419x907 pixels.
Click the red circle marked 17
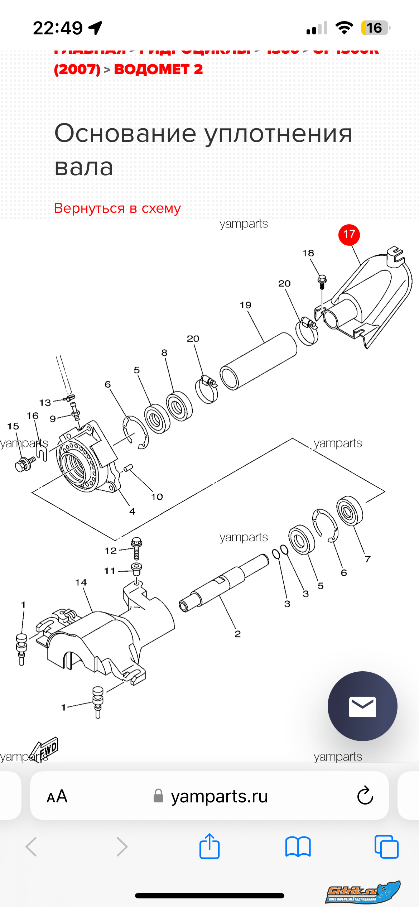[349, 235]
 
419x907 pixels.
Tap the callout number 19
[246, 305]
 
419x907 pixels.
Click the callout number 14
[81, 582]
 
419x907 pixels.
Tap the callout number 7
[367, 559]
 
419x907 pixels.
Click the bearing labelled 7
[350, 510]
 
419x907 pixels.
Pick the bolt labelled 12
[136, 548]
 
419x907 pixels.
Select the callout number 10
[157, 497]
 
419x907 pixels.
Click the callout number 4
[133, 511]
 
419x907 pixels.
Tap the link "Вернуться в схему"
[117, 208]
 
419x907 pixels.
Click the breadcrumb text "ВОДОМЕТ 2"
[158, 69]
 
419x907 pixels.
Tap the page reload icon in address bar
[365, 796]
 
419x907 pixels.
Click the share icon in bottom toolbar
[209, 846]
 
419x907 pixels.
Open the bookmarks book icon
[298, 846]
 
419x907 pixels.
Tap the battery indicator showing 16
[375, 28]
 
